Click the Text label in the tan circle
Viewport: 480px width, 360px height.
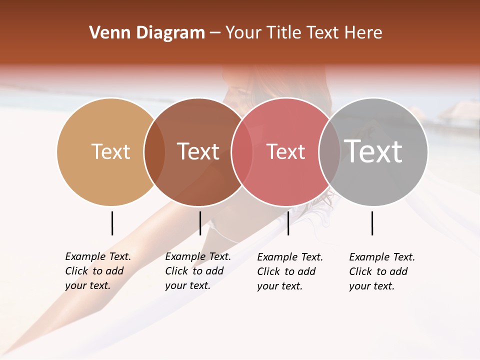(110, 151)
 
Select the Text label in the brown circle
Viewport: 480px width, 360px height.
(198, 151)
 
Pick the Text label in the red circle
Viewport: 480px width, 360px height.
(285, 151)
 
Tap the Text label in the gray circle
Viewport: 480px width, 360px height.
(373, 151)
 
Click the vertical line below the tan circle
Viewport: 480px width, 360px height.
(112, 223)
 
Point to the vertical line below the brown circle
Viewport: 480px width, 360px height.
(200, 223)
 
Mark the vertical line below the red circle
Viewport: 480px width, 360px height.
(288, 223)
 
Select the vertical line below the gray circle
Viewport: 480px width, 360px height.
(372, 223)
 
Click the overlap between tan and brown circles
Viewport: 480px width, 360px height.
(154, 151)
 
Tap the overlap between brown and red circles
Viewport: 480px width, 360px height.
(242, 151)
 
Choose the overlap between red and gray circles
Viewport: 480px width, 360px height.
(329, 151)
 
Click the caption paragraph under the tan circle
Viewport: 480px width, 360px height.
(97, 271)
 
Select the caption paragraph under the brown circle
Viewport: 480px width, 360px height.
(197, 271)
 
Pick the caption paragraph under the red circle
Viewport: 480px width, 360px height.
(289, 271)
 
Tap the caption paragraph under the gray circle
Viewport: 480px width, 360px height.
(381, 271)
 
